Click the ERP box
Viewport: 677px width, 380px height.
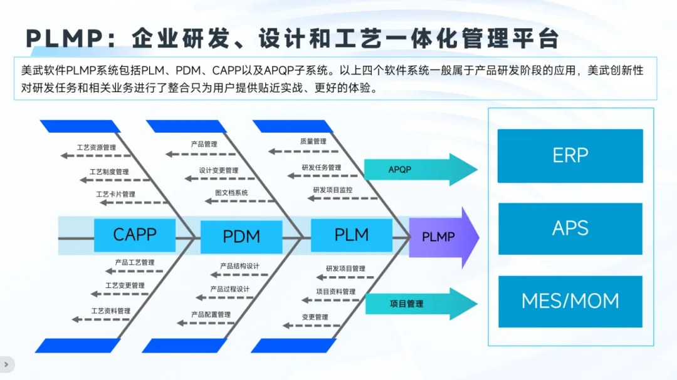pos(570,156)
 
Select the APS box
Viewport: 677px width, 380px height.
pos(570,229)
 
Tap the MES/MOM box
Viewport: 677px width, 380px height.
pos(570,301)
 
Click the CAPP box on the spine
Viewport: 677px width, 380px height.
pos(134,235)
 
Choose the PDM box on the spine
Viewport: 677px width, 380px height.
pos(241,237)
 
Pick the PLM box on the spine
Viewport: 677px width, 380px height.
pos(351,235)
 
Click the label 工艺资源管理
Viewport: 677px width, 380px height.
pos(97,148)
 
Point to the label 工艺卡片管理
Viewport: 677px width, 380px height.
pos(115,195)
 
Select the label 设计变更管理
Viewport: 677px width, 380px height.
pos(219,170)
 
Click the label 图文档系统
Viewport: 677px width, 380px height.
pos(231,193)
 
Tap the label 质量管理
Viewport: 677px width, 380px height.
pos(313,141)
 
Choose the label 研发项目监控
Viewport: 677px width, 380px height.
pos(332,190)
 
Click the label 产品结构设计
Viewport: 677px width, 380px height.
pos(239,266)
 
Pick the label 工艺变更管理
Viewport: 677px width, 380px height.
pos(125,285)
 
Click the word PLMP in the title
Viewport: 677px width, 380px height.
pos(63,39)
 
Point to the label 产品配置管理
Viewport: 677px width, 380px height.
pos(211,314)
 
